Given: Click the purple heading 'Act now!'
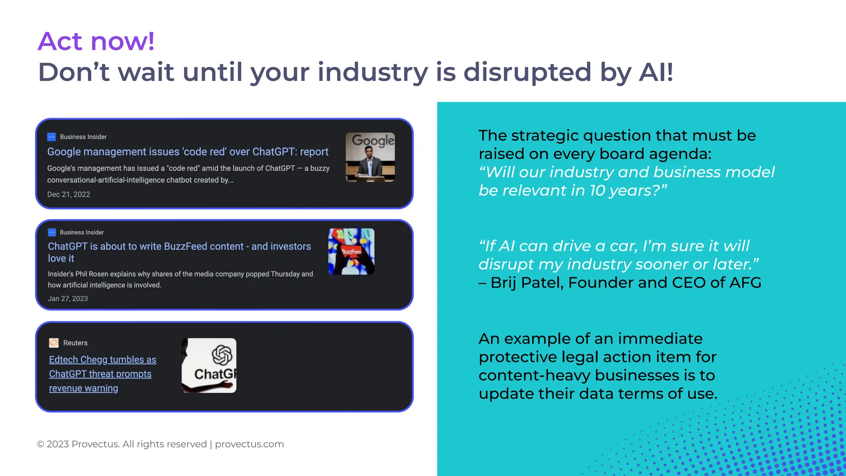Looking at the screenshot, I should pyautogui.click(x=96, y=41).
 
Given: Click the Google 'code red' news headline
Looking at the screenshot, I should pyautogui.click(x=188, y=152).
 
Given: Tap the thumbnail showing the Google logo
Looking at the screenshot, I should pyautogui.click(x=370, y=157).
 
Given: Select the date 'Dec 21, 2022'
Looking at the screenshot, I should pyautogui.click(x=69, y=194).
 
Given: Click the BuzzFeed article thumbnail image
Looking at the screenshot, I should pyautogui.click(x=351, y=251).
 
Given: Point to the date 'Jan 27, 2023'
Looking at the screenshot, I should pyautogui.click(x=68, y=298).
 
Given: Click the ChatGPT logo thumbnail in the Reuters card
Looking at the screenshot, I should pyautogui.click(x=209, y=365).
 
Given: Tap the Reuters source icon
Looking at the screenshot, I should pyautogui.click(x=54, y=343).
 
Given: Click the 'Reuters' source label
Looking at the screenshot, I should pyautogui.click(x=75, y=343).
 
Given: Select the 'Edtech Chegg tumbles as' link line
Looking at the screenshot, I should pyautogui.click(x=102, y=359).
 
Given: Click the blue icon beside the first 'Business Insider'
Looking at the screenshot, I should pyautogui.click(x=52, y=137).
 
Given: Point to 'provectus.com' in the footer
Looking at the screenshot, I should pyautogui.click(x=249, y=444).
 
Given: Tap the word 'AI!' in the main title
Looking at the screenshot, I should pyautogui.click(x=656, y=72).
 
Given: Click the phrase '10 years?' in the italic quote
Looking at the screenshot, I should pyautogui.click(x=628, y=190).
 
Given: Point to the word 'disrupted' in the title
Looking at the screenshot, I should pyautogui.click(x=527, y=72).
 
